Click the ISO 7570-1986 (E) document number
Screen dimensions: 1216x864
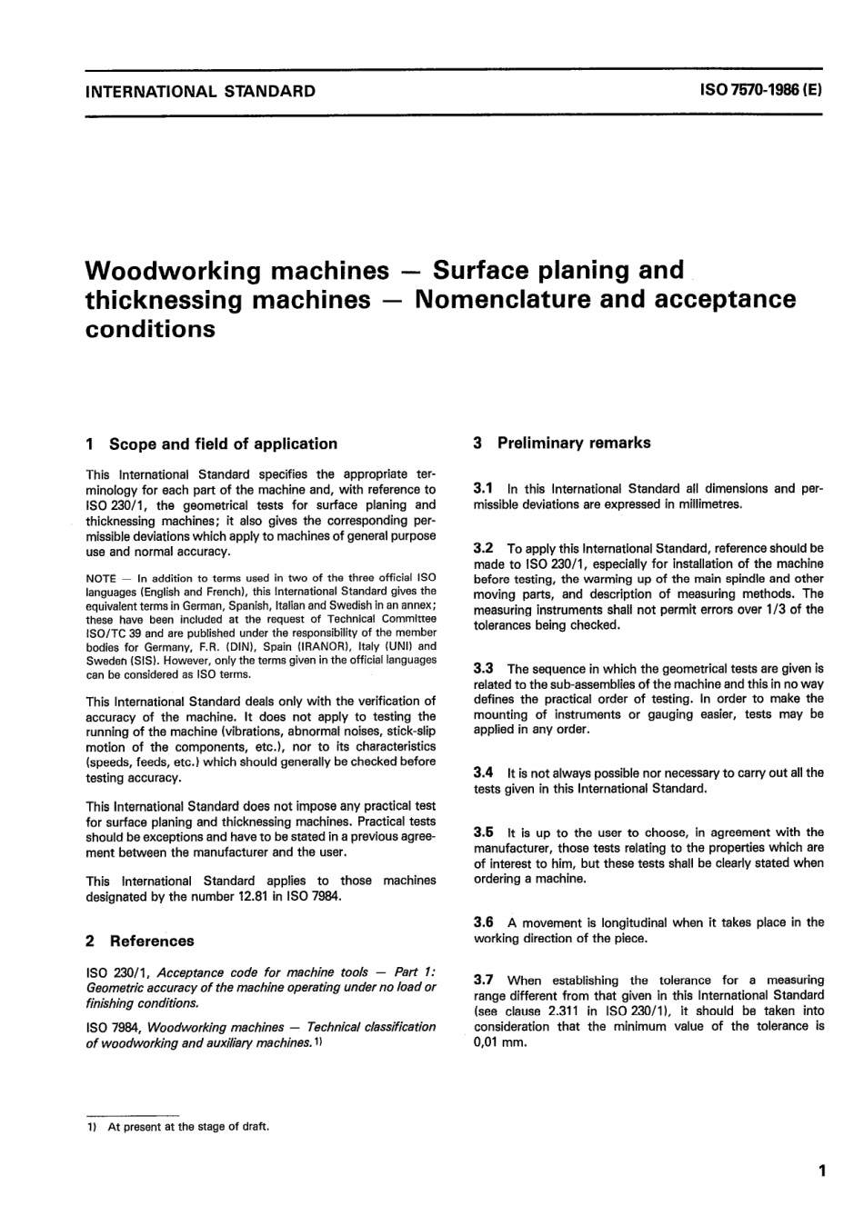pos(760,91)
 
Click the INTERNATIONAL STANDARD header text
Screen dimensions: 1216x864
pos(200,91)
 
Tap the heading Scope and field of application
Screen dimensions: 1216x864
pos(223,444)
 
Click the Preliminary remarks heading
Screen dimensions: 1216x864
pos(574,443)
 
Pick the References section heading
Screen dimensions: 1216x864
pos(152,941)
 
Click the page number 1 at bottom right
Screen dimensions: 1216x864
pos(821,1171)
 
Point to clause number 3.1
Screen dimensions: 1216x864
pos(484,488)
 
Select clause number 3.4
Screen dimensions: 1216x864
pos(484,772)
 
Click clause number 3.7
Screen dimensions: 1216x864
pos(484,980)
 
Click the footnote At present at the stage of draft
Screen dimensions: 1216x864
pos(188,1127)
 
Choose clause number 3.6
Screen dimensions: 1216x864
pos(484,922)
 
